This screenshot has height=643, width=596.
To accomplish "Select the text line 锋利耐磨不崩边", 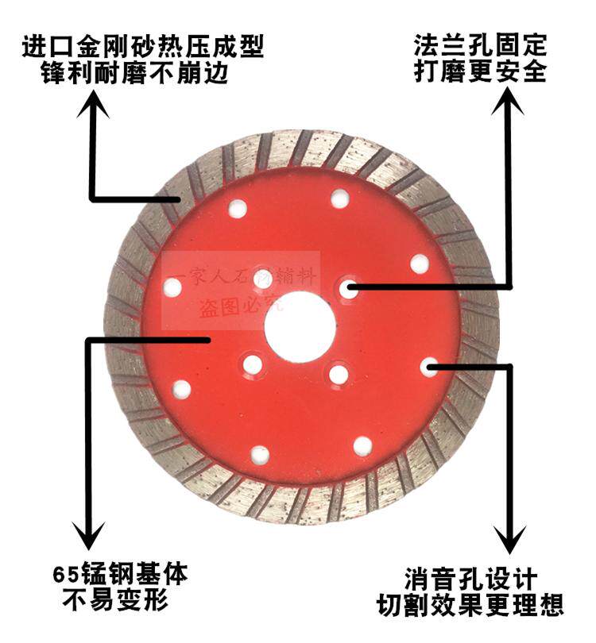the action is (143, 75).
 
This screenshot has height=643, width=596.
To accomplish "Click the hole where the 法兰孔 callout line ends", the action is (348, 288).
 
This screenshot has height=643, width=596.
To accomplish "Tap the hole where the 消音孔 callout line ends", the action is (429, 366).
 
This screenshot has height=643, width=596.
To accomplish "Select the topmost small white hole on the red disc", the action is (339, 198).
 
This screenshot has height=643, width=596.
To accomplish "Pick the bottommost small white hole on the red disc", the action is (260, 455).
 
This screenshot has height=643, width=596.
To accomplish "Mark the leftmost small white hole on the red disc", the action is (172, 287).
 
